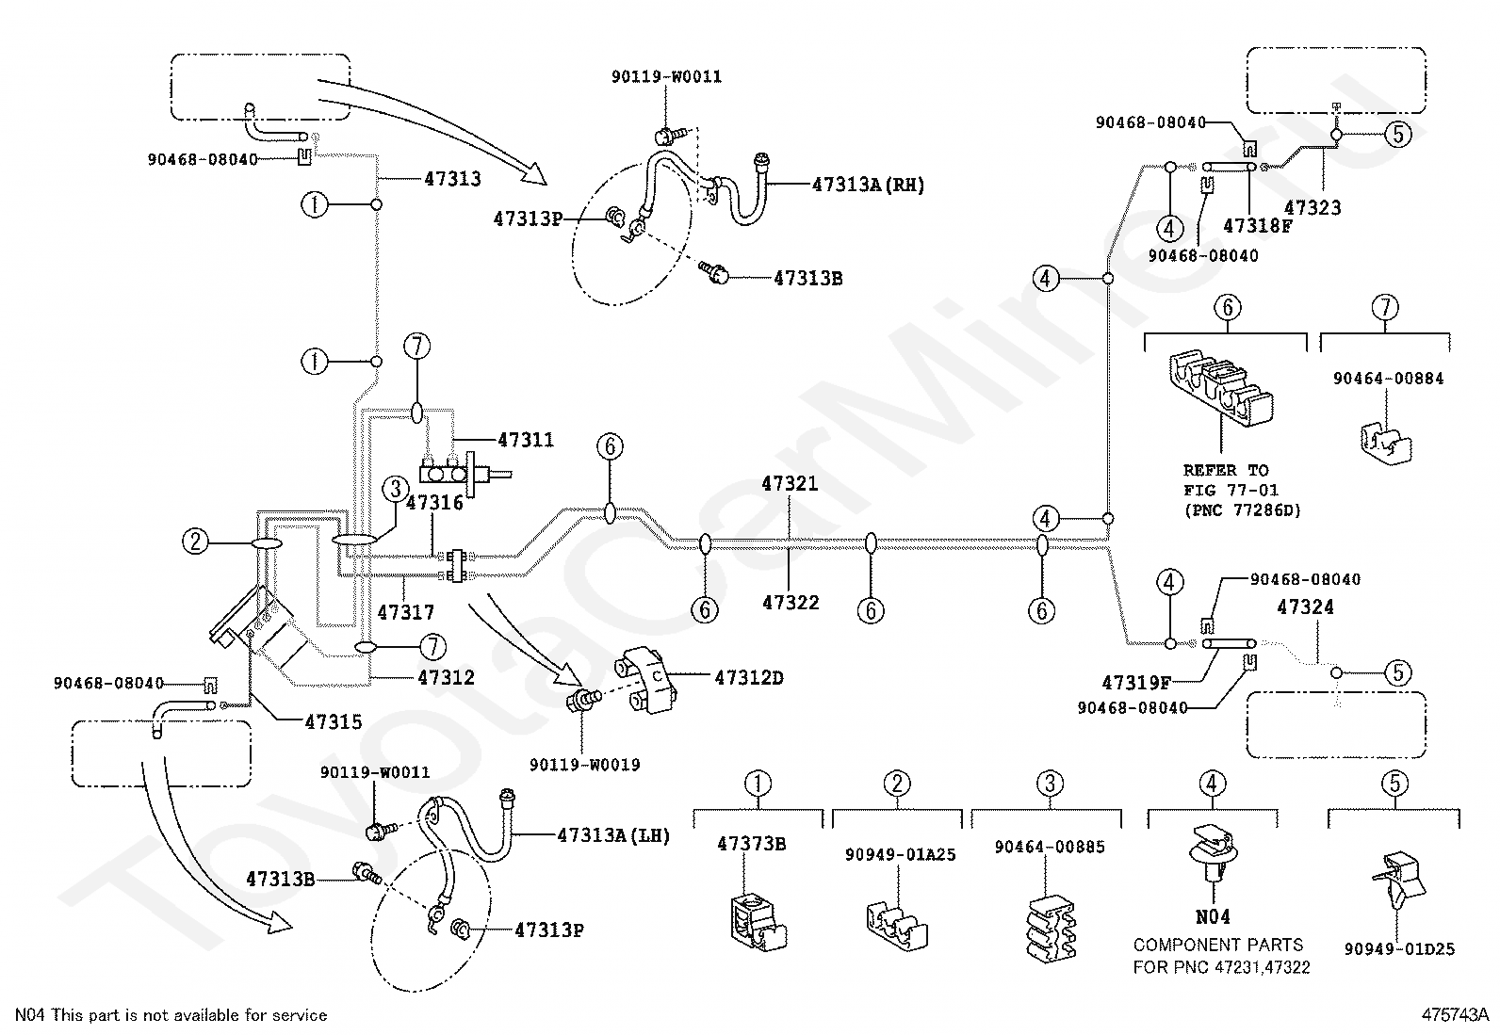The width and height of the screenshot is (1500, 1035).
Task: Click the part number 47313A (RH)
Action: [868, 185]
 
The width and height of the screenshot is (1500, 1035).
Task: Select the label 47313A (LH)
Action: [613, 835]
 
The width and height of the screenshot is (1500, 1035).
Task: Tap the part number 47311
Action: [526, 440]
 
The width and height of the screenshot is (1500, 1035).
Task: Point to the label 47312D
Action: [749, 677]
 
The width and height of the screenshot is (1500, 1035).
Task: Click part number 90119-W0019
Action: [584, 765]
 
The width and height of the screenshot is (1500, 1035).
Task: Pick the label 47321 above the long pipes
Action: [790, 483]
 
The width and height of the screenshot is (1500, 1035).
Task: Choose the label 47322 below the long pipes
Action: [791, 603]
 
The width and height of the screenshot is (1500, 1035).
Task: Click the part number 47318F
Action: [1258, 226]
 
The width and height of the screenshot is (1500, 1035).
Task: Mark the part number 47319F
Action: [1136, 683]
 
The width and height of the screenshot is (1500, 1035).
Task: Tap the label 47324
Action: [1305, 607]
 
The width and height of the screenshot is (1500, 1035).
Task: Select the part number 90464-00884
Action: [1388, 379]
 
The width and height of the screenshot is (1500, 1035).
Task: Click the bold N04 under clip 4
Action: [1213, 916]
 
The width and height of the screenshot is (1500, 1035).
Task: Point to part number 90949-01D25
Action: [1399, 948]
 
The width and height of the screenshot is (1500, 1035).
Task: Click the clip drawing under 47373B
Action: [758, 923]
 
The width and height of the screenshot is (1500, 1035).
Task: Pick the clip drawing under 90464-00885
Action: [1050, 927]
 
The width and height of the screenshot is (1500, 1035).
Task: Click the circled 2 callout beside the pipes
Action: [196, 541]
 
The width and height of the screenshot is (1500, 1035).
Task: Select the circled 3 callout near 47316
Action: [396, 489]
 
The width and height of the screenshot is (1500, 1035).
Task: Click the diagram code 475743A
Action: [1455, 1015]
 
